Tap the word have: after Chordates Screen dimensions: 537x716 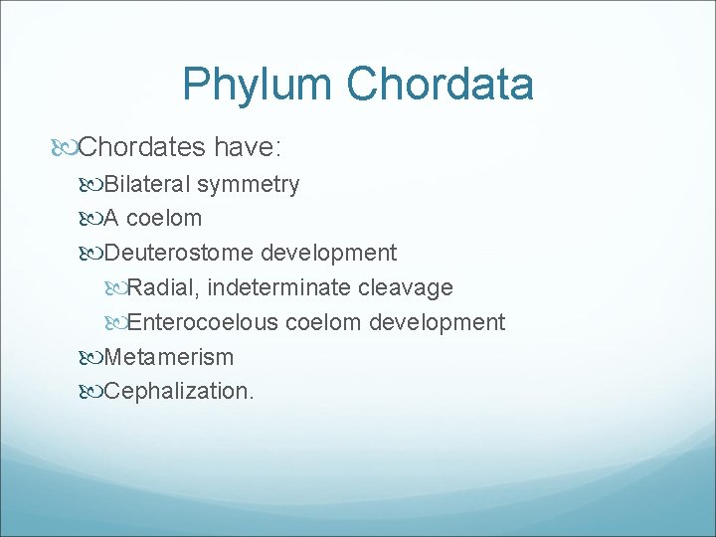coord(248,148)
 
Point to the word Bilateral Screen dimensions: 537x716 coord(147,184)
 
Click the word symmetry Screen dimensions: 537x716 coord(248,184)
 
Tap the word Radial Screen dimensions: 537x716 coord(164,287)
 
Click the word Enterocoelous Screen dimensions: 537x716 coord(204,322)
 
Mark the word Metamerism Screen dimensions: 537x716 coord(168,356)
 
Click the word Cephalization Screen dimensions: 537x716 coord(179,391)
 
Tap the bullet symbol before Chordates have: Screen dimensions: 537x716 coord(66,149)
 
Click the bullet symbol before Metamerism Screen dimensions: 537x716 coord(92,357)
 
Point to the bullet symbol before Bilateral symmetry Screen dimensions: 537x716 coord(92,185)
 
